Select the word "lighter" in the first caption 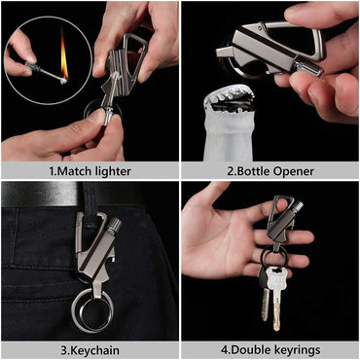click(111, 172)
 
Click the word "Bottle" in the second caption click(251, 171)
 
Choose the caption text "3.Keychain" click(90, 351)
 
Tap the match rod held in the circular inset click(45, 72)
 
